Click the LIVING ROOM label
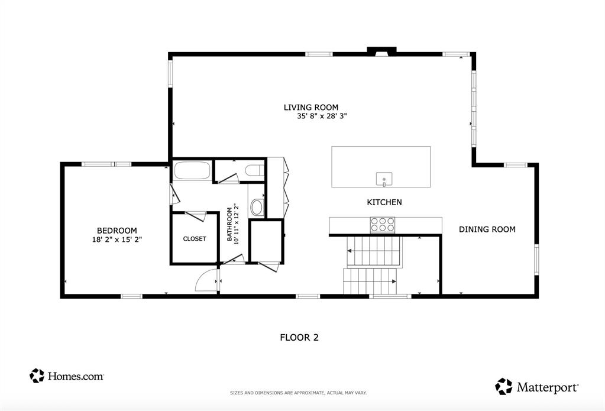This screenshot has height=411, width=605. (x=311, y=107)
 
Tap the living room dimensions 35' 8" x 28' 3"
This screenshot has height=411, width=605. (x=321, y=116)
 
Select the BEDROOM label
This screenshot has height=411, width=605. (x=117, y=231)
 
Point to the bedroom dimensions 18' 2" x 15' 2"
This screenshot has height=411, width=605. (x=117, y=240)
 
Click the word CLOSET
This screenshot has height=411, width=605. (x=195, y=239)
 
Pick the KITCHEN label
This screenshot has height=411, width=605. (x=384, y=202)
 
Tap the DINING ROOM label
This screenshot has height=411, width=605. (x=487, y=229)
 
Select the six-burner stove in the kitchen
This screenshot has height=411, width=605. (x=382, y=225)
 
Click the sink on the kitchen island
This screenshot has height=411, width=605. (x=384, y=178)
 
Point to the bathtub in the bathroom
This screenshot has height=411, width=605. (x=192, y=171)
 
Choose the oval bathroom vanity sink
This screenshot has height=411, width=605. (x=257, y=208)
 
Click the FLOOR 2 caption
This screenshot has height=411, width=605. (x=299, y=338)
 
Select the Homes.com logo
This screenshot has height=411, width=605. (x=67, y=376)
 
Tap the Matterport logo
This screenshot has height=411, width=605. (x=537, y=387)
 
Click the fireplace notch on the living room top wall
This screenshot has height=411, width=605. (x=378, y=51)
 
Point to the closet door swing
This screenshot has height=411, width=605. (x=196, y=216)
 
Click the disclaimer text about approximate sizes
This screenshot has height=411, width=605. (x=298, y=393)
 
